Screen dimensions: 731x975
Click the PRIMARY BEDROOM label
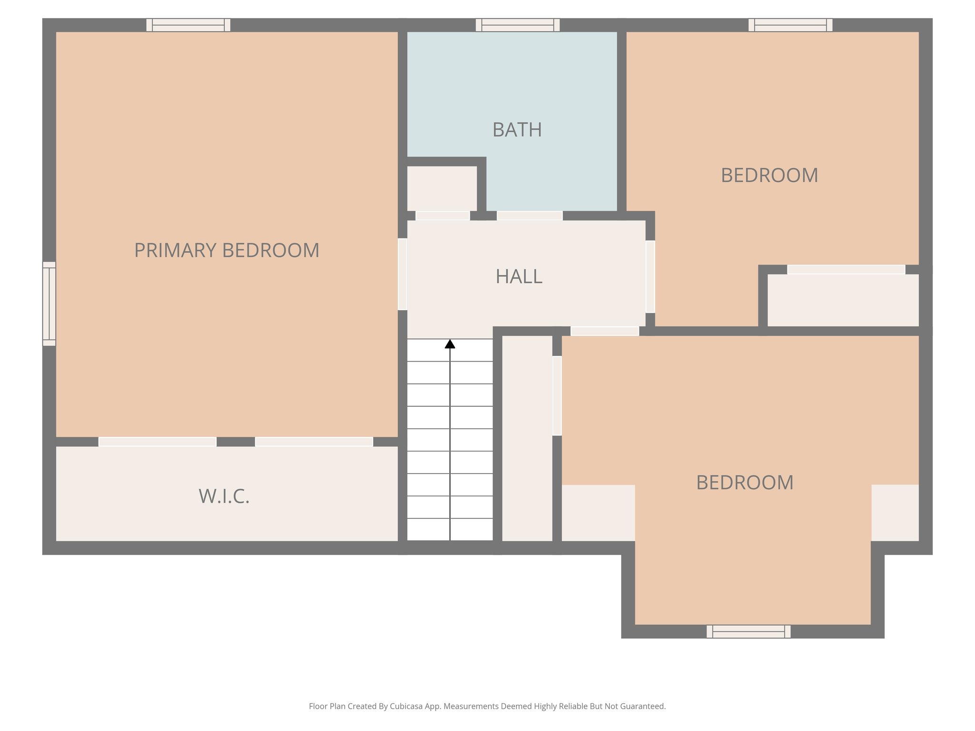[x=227, y=250]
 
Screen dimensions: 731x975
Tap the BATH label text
[x=517, y=130]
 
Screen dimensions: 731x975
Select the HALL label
[x=519, y=277]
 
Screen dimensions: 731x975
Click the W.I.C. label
[x=224, y=496]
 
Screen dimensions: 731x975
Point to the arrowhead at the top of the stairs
[x=450, y=344]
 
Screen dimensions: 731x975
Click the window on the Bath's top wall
[x=517, y=25]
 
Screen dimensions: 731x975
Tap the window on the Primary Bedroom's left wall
[x=49, y=304]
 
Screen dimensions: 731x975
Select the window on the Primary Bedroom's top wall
[x=188, y=25]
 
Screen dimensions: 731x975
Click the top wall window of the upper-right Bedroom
[x=790, y=25]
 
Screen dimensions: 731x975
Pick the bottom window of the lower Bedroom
[x=748, y=632]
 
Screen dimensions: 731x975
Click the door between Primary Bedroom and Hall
[x=402, y=274]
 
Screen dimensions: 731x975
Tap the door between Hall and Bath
[x=529, y=216]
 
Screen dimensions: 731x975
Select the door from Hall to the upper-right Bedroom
[x=650, y=277]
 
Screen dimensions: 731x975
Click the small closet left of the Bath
[x=442, y=188]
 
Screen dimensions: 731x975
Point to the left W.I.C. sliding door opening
[x=157, y=442]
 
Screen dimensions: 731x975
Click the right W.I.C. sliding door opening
[x=314, y=442]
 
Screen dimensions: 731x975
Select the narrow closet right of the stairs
[x=527, y=438]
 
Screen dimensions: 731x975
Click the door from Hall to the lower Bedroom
[x=605, y=331]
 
